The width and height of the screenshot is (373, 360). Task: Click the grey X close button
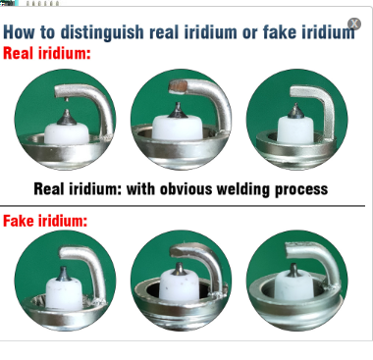coord(354,24)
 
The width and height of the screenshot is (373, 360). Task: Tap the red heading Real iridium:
coord(46,53)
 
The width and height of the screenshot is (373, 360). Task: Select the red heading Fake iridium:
coord(45,221)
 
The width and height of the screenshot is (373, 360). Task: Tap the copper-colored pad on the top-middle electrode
coord(178,86)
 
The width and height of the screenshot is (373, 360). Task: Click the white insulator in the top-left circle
coord(67,133)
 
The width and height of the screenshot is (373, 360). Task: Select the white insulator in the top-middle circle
coord(178,129)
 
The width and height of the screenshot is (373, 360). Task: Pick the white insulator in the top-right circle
coord(295,129)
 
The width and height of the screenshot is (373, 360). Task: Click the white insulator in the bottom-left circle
coord(65,294)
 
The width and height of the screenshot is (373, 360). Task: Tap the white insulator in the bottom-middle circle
coord(179,285)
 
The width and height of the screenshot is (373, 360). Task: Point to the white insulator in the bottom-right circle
coord(294,288)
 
